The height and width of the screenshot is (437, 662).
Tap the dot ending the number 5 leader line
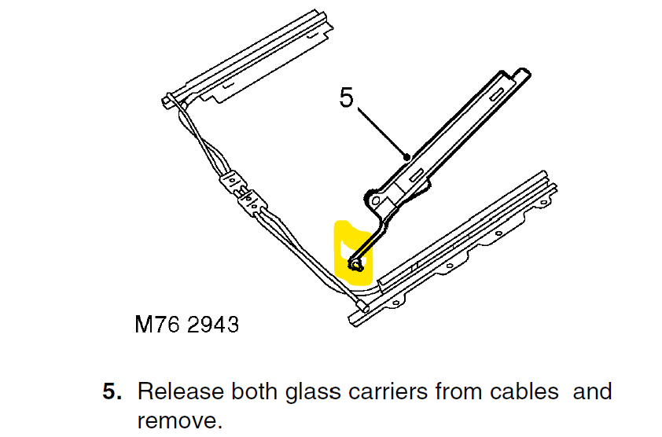click(406, 157)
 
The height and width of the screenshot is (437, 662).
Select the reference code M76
click(154, 325)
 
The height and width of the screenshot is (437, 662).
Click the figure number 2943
click(212, 325)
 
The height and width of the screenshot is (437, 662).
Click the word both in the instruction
click(248, 391)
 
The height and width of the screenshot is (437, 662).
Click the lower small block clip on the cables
click(252, 204)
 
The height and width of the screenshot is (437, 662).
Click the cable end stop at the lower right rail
click(361, 305)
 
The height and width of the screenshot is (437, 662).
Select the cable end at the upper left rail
click(168, 100)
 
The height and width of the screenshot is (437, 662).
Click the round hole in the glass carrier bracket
click(377, 201)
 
